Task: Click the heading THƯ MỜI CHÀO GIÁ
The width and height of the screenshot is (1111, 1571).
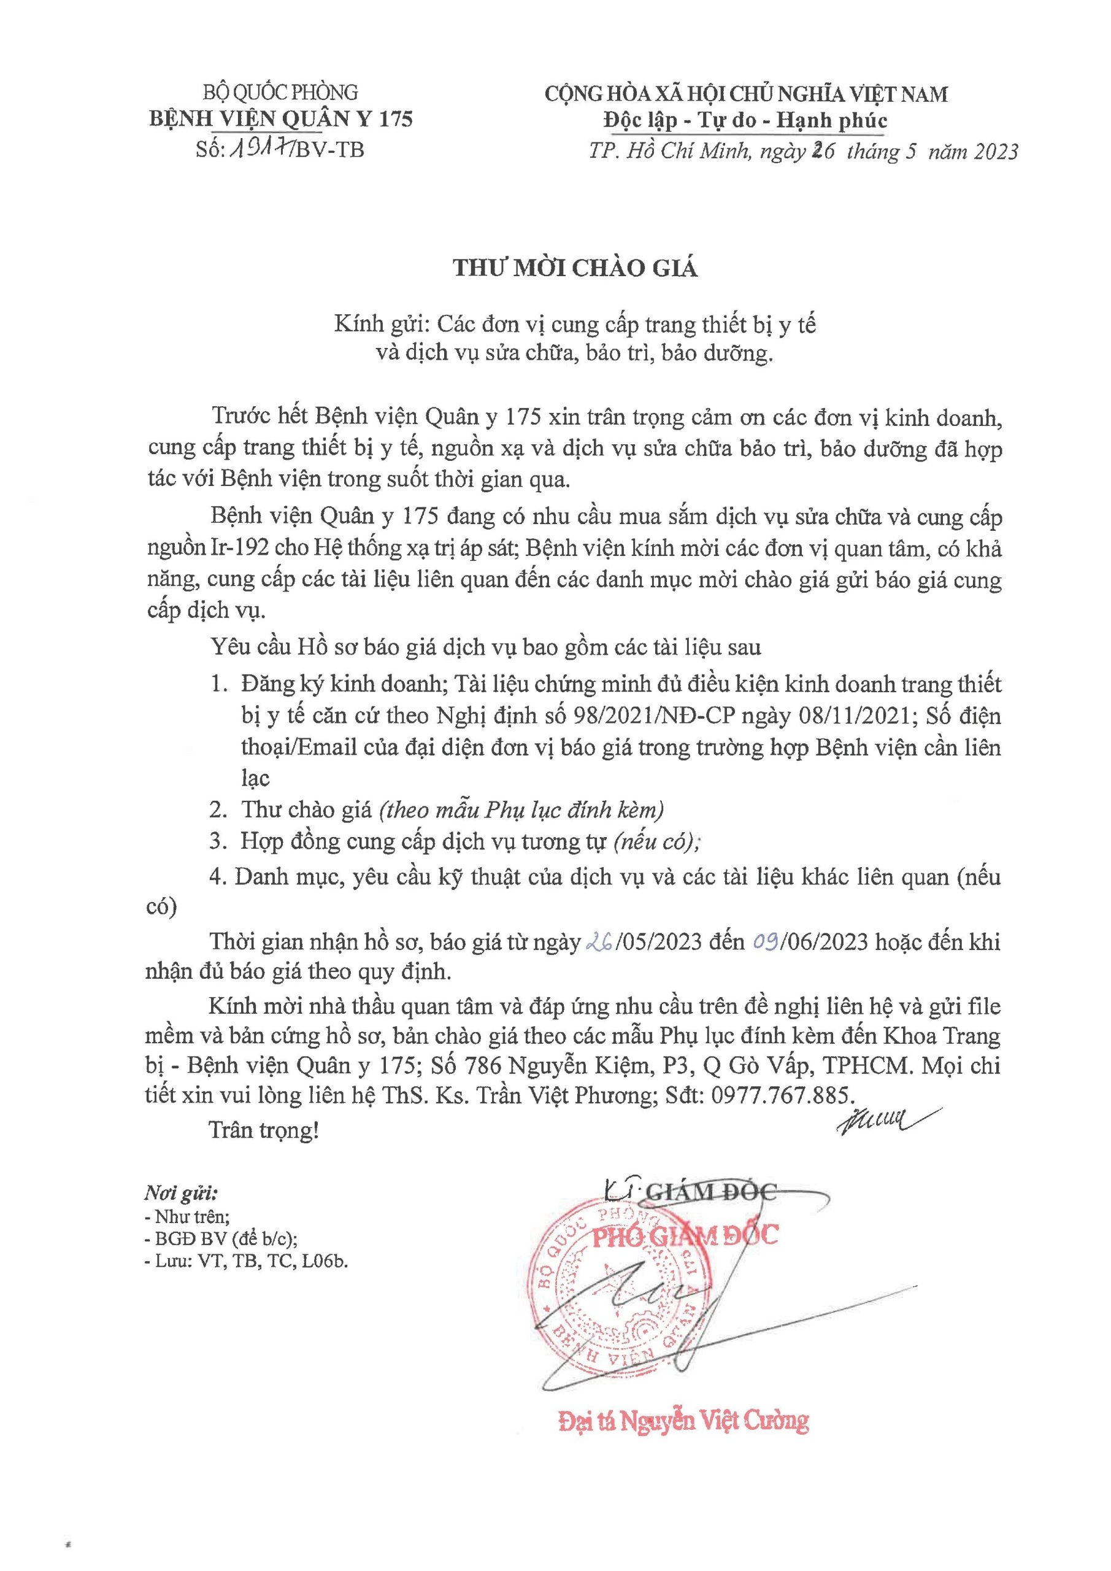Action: [x=575, y=268]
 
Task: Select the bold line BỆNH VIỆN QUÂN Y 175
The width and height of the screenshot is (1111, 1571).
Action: [x=281, y=119]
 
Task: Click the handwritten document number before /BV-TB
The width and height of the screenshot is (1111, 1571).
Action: [x=261, y=149]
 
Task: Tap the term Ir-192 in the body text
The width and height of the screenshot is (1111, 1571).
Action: [x=233, y=549]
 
